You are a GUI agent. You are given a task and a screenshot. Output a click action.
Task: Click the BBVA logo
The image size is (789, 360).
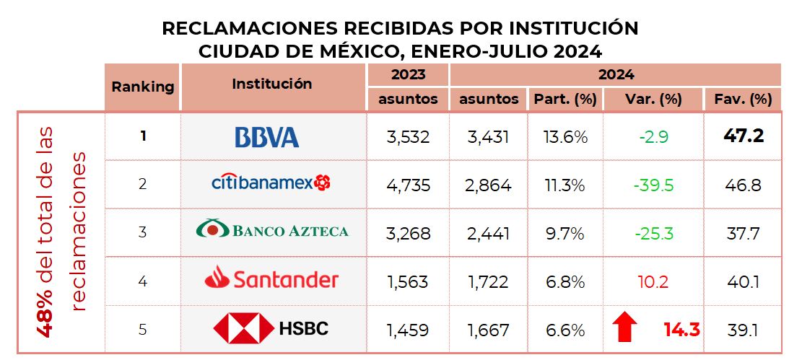[267, 136]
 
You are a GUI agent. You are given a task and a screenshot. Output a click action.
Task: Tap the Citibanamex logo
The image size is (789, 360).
[271, 183]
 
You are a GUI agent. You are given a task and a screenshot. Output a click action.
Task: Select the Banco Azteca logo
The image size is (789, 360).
[272, 231]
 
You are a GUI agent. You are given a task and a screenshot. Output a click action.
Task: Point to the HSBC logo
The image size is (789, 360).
[271, 329]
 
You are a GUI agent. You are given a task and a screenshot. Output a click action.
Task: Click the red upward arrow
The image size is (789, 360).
[624, 328]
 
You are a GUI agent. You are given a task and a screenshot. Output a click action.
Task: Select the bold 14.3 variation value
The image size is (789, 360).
[681, 330]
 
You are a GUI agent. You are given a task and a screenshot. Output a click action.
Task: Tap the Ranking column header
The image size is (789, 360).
[143, 87]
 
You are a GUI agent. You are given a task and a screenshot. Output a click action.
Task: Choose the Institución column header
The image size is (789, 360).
[272, 84]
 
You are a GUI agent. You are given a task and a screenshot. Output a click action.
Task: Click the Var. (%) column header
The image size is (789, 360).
[653, 100]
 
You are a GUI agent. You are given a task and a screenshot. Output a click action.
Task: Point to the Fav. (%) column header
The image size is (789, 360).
[743, 100]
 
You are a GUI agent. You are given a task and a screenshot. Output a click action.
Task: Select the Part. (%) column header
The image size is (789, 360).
[565, 100]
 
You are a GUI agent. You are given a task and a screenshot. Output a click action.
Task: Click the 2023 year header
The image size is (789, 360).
[408, 74]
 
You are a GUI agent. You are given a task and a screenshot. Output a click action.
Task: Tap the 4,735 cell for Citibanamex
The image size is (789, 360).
[408, 185]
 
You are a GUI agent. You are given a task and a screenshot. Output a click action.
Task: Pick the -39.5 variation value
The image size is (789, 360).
[653, 185]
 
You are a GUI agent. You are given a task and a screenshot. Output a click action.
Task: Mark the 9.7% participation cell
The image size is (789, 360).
[565, 233]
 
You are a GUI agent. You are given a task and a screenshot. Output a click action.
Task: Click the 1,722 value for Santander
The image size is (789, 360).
[489, 281]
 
